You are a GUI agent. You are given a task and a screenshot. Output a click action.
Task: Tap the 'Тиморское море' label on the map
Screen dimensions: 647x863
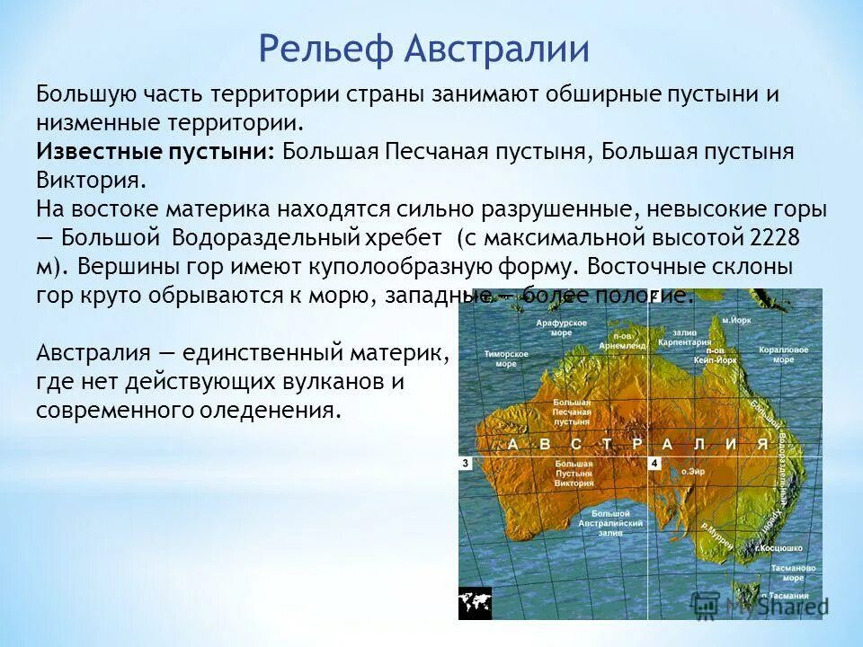(500, 359)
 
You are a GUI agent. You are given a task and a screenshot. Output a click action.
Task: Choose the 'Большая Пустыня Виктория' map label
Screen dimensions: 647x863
(574, 474)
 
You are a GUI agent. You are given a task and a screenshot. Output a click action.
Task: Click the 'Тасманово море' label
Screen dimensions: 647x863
(795, 573)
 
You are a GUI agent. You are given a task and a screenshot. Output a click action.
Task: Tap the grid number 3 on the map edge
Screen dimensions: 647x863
(466, 463)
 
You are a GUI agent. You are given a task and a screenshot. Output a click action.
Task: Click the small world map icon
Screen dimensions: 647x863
(474, 602)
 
